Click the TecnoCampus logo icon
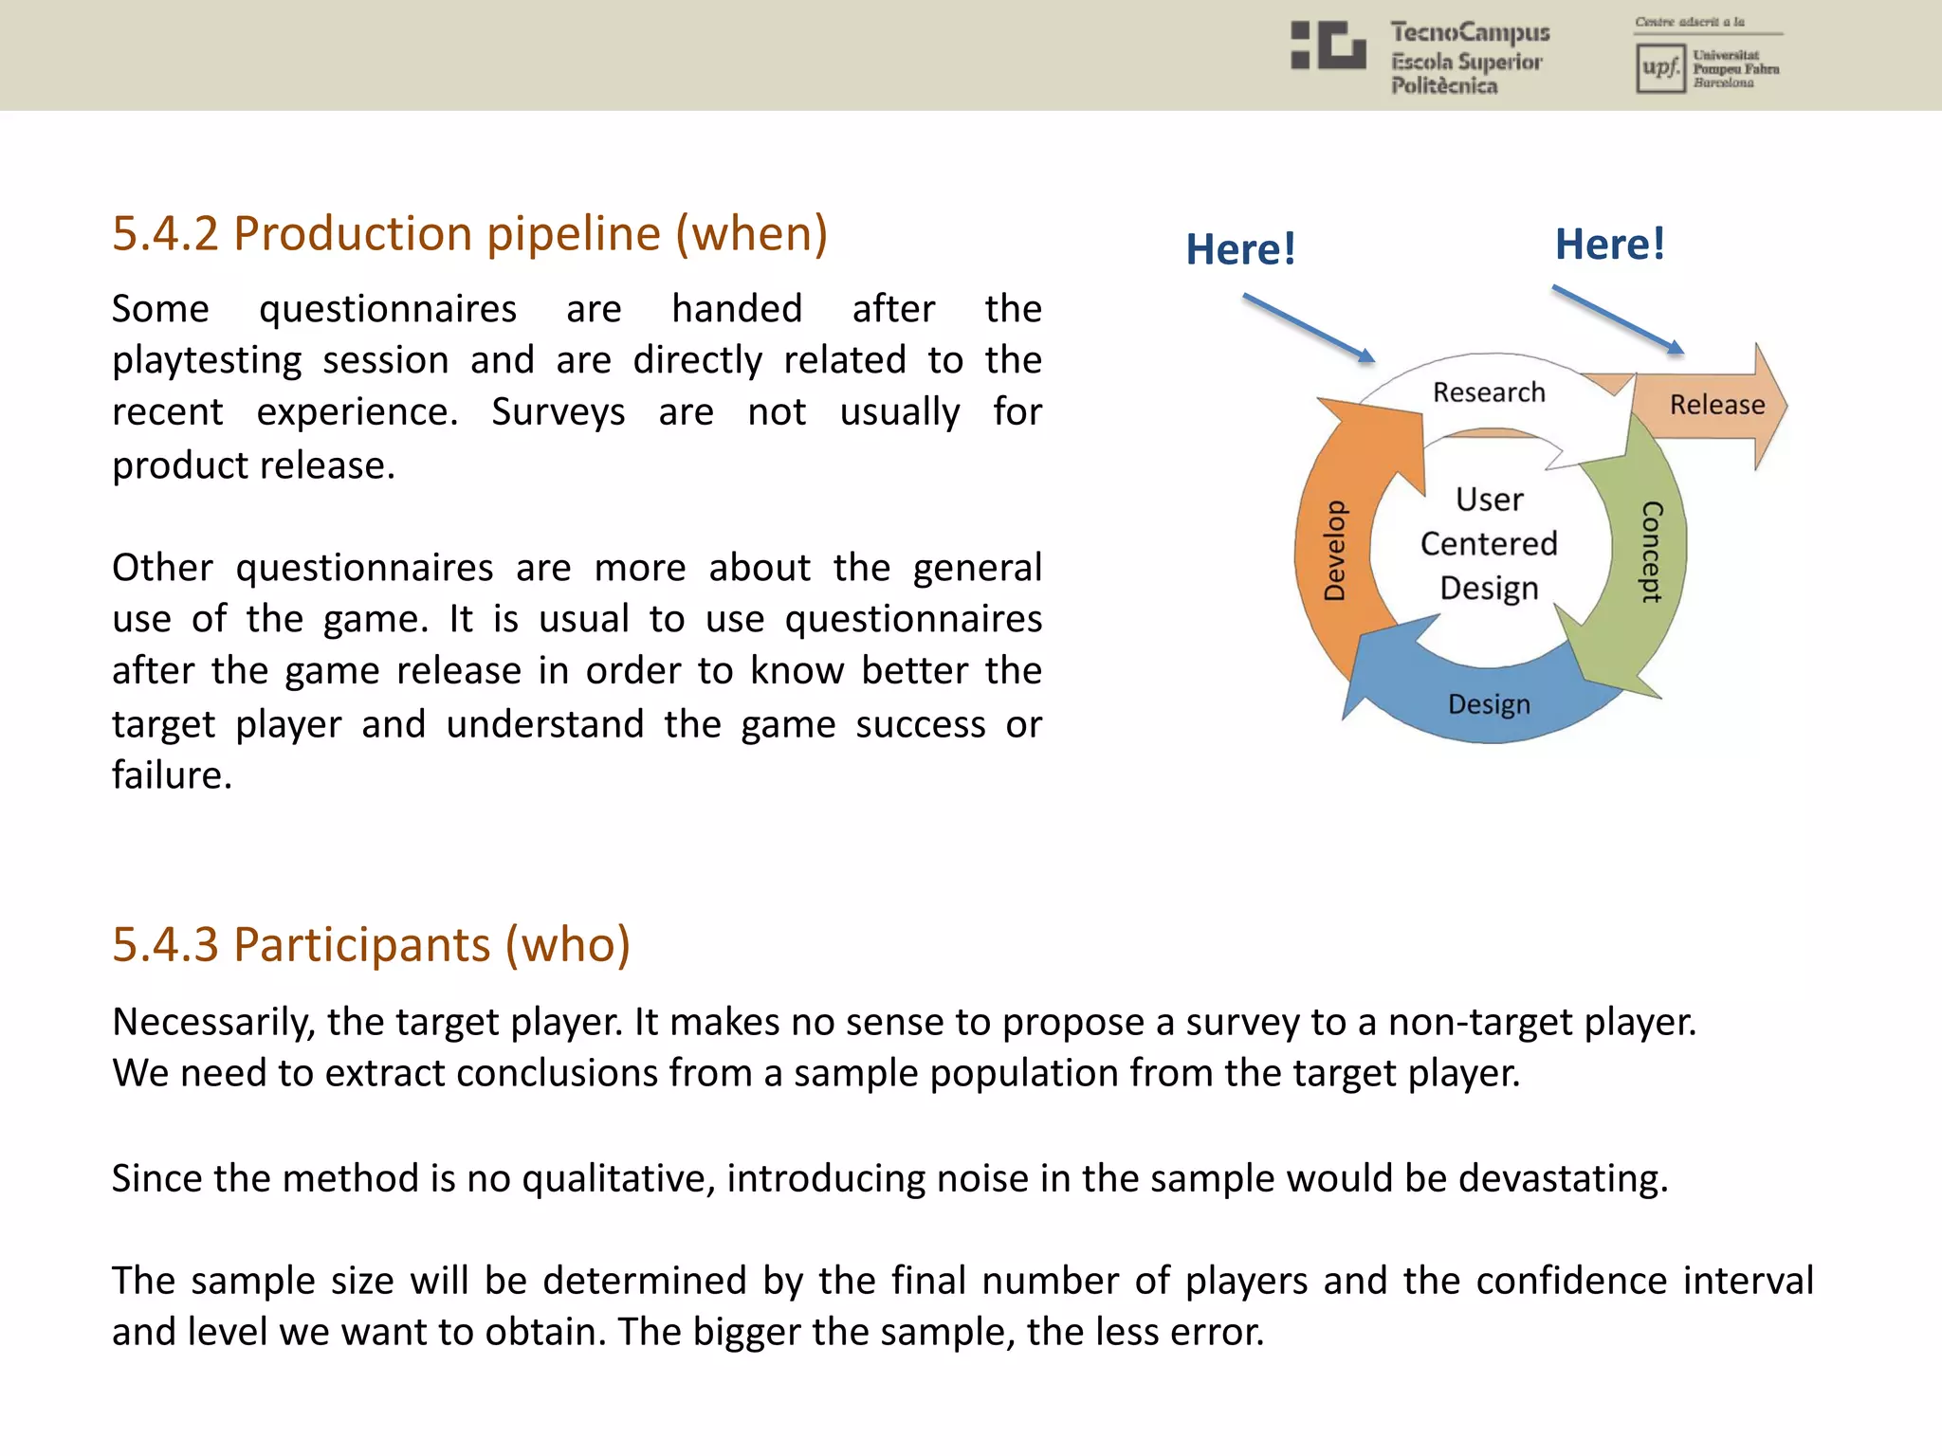pyautogui.click(x=1328, y=45)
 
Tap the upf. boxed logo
pyautogui.click(x=1659, y=68)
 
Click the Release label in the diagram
pyautogui.click(x=1716, y=405)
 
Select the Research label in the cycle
pyautogui.click(x=1489, y=392)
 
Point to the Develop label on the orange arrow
pyautogui.click(x=1335, y=550)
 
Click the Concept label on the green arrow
pyautogui.click(x=1651, y=552)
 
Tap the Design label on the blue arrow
pyautogui.click(x=1489, y=704)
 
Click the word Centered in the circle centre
pyautogui.click(x=1489, y=544)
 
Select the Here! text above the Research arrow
pyautogui.click(x=1240, y=250)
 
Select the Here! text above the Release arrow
pyautogui.click(x=1609, y=245)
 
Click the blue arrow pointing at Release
pyautogui.click(x=1618, y=320)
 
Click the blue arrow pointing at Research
pyautogui.click(x=1309, y=328)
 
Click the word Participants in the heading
pyautogui.click(x=362, y=945)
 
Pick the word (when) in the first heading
pyautogui.click(x=751, y=234)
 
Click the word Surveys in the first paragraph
pyautogui.click(x=558, y=412)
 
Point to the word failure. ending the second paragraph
pyautogui.click(x=172, y=775)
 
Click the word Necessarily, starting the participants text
pyautogui.click(x=213, y=1023)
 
